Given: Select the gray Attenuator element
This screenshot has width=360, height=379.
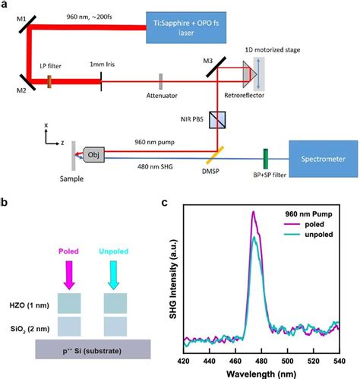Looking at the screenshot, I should [x=161, y=79].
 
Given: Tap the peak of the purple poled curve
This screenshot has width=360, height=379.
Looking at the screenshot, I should [x=254, y=214].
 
